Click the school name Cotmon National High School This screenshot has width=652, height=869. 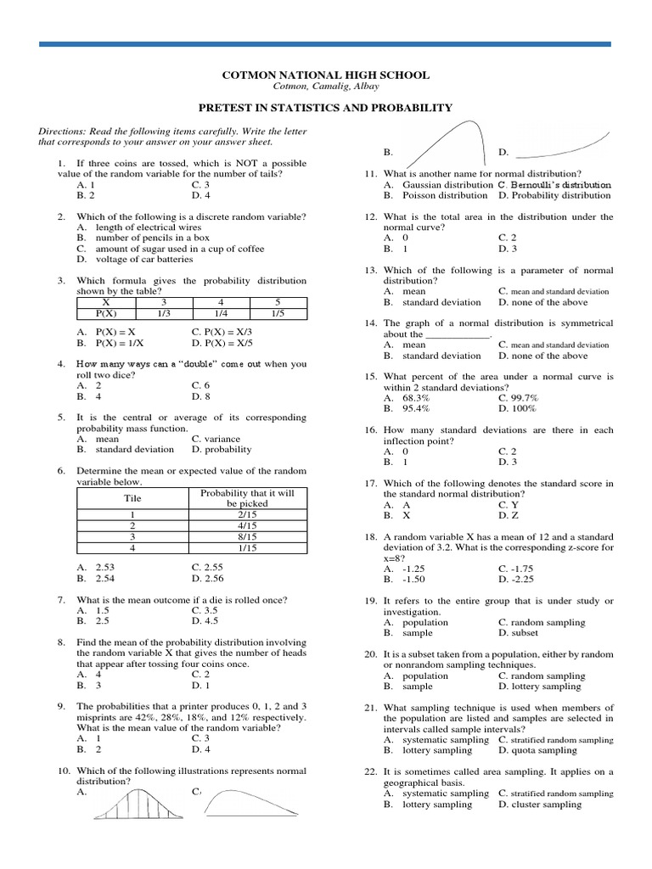coord(326,75)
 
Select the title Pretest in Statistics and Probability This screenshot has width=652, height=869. coord(326,108)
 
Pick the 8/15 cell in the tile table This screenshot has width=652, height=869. coord(247,537)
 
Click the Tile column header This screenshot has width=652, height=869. coord(132,498)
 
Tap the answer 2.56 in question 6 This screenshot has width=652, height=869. coord(208,579)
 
